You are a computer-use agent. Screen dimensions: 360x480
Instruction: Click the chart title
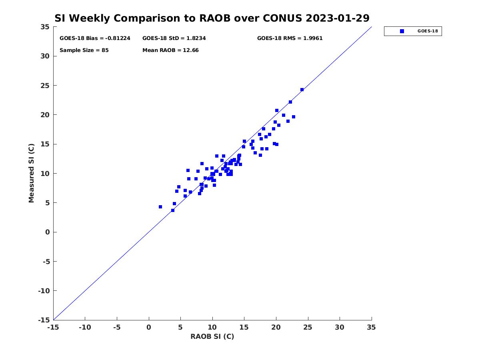pos(212,18)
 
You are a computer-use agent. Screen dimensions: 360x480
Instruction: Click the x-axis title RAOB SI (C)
pos(212,336)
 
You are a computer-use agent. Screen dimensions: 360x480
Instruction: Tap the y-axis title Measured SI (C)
pos(31,174)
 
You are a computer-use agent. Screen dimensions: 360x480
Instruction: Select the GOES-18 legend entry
pos(413,31)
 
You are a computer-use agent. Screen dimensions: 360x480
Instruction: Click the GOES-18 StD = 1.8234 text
pos(174,38)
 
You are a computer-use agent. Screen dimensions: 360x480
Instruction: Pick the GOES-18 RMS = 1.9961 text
pos(290,38)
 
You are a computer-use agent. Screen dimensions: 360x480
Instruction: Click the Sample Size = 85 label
pos(84,50)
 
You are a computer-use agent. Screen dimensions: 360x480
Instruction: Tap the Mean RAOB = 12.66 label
pos(170,50)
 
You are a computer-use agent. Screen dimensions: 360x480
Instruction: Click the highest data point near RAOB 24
pos(302,90)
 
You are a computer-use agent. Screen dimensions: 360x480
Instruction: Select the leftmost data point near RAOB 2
pos(160,207)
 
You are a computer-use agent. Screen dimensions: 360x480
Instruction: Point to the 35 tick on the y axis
pos(45,27)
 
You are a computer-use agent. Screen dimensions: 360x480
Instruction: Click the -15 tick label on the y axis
pos(43,320)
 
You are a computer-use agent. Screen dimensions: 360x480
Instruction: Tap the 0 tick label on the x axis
pos(149,327)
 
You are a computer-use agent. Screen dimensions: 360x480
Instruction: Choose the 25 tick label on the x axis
pos(308,327)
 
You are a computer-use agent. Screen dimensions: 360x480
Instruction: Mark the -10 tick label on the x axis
pos(85,327)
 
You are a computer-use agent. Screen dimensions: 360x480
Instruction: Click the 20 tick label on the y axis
pos(45,115)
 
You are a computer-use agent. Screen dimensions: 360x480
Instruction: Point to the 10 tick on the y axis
pos(45,174)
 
